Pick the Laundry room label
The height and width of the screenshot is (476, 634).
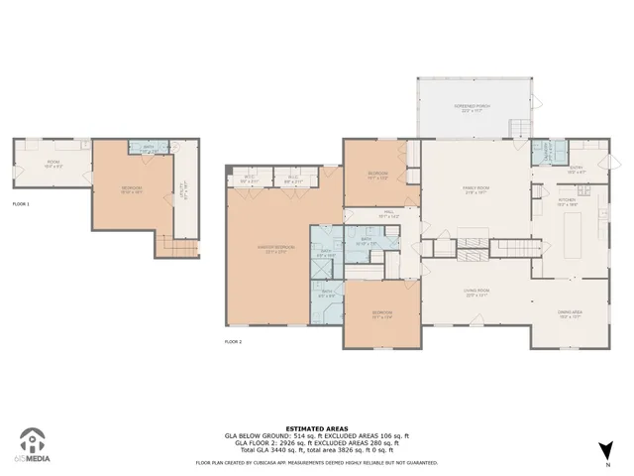click(545, 151)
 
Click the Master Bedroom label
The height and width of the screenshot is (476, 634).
click(268, 249)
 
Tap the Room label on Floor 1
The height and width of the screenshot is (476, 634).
click(52, 162)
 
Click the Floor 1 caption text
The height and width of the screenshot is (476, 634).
click(21, 203)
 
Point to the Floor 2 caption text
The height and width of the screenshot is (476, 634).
click(233, 341)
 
